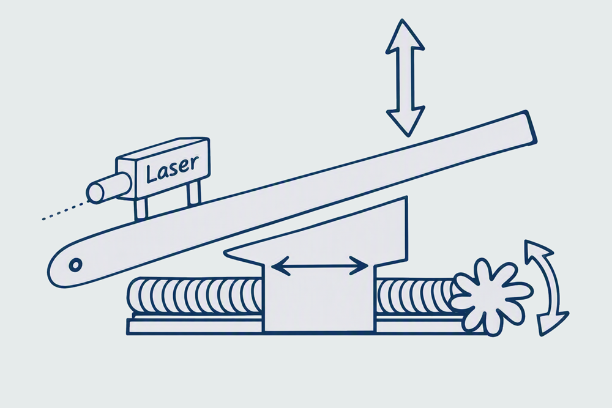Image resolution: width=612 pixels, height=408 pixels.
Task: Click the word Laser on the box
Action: pyautogui.click(x=172, y=169)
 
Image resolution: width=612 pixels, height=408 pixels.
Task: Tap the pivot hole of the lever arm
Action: pyautogui.click(x=75, y=265)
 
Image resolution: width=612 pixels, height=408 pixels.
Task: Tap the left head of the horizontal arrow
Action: pyautogui.click(x=280, y=265)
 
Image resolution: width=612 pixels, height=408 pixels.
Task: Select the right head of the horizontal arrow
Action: pyautogui.click(x=359, y=265)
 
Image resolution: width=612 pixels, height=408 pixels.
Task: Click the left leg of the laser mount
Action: pyautogui.click(x=141, y=209)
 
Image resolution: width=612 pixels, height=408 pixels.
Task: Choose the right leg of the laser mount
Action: pyautogui.click(x=193, y=193)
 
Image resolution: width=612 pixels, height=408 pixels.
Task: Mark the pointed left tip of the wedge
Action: pyautogui.click(x=225, y=253)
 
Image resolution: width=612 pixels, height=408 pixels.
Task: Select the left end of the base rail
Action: pyautogui.click(x=129, y=327)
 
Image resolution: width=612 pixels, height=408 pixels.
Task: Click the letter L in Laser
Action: pyautogui.click(x=151, y=174)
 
